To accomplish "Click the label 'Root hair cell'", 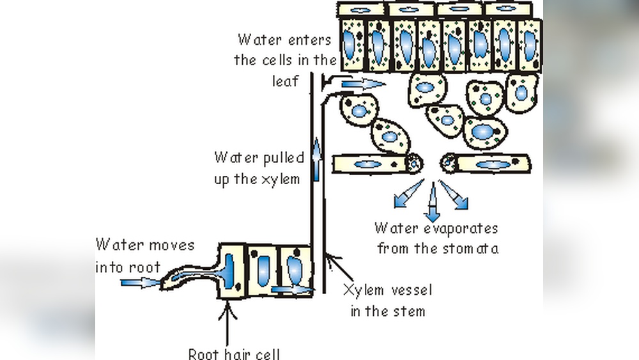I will coord(234,352).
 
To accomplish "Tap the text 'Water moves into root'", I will coord(144,255).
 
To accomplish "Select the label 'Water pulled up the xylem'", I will coord(257,168).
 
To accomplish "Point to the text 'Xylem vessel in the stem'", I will coord(387,301).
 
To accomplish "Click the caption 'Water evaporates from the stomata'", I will coord(437,238).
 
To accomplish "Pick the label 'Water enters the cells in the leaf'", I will coord(284,60).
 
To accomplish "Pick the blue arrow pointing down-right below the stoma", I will coord(455,195).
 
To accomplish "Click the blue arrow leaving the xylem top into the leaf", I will coord(362,83).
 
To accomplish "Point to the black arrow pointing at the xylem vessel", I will coord(336,265).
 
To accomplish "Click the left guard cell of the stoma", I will coord(414,163).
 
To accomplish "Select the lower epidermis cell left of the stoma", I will coord(369,164).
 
